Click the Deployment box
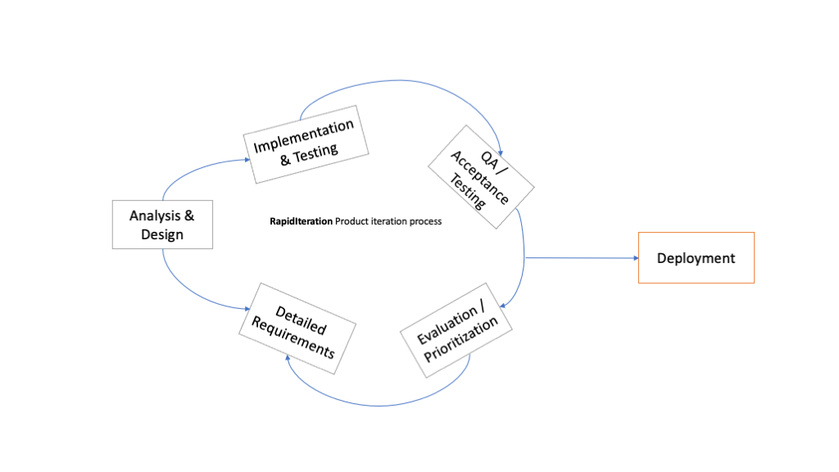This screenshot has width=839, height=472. pos(696,258)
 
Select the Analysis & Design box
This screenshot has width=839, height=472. pos(162,225)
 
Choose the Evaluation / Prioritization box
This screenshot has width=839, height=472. pos(456,329)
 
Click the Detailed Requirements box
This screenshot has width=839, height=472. pos(297,328)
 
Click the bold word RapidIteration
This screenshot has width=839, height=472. pos(301,221)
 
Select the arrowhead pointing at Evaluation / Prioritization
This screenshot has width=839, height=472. pos(504,306)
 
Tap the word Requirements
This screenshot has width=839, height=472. pos(293,338)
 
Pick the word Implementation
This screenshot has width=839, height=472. pos(304,135)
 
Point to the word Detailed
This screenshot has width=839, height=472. pos(301,319)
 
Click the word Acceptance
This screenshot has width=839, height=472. pos(480,178)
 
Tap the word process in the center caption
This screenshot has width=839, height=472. pos(425,221)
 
